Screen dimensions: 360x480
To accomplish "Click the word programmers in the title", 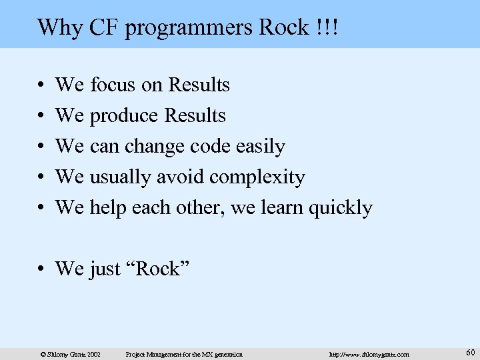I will point(180,28).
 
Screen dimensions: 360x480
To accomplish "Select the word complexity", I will point(257,177).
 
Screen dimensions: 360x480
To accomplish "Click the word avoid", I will point(181,177).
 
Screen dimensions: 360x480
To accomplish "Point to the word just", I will point(106,269).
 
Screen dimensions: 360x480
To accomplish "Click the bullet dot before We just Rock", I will point(41,269).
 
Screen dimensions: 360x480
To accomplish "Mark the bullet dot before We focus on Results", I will point(41,85).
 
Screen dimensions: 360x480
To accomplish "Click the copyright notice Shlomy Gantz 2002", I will point(70,354).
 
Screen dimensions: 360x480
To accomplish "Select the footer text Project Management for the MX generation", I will point(184,354).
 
